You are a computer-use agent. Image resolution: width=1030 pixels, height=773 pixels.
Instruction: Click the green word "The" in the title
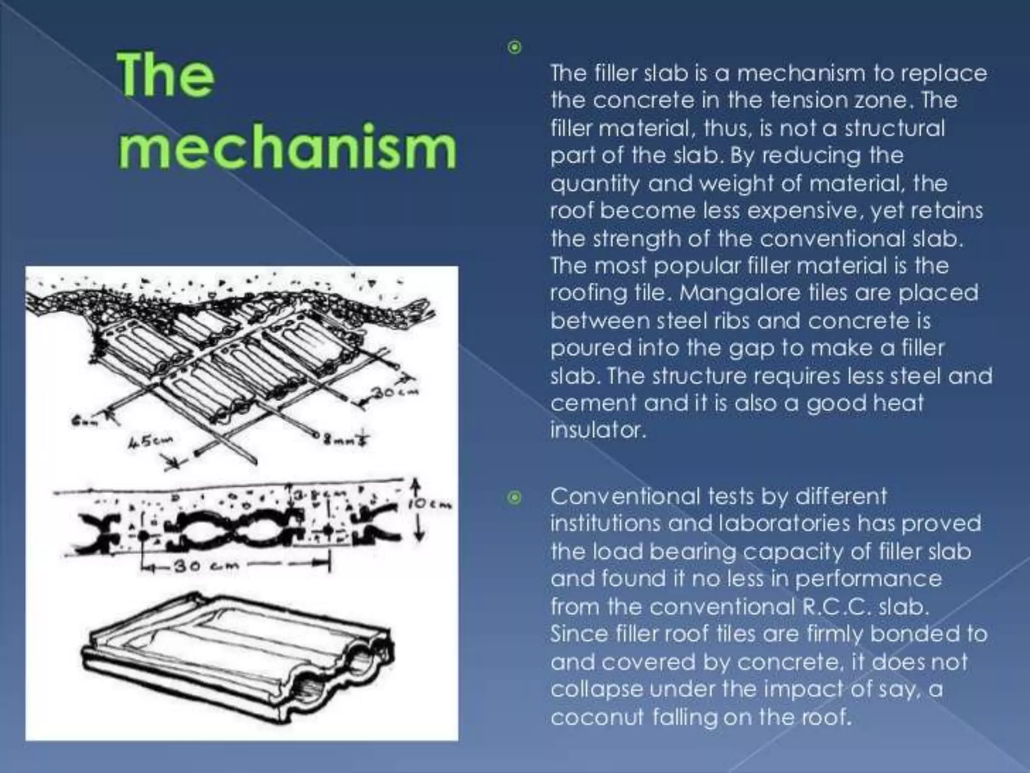tap(166, 76)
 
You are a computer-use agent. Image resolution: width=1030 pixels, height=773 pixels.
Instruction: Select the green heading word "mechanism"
tap(287, 147)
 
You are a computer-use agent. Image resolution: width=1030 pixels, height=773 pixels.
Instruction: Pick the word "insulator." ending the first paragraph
tap(597, 430)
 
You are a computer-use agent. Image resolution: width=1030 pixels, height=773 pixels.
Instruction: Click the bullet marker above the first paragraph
tap(514, 48)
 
